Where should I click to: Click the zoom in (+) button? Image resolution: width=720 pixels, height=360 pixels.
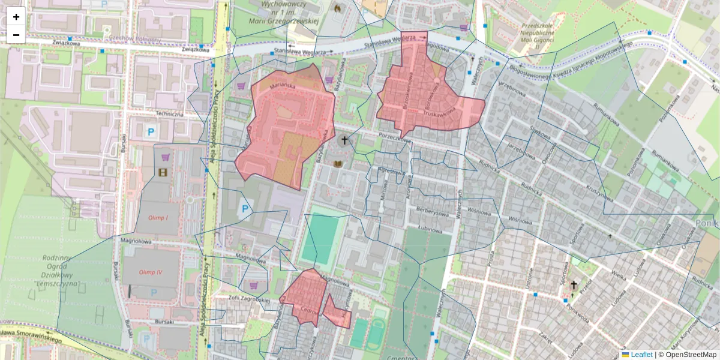(x=16, y=17)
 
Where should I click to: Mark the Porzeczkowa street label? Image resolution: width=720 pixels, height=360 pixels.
(x=395, y=139)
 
